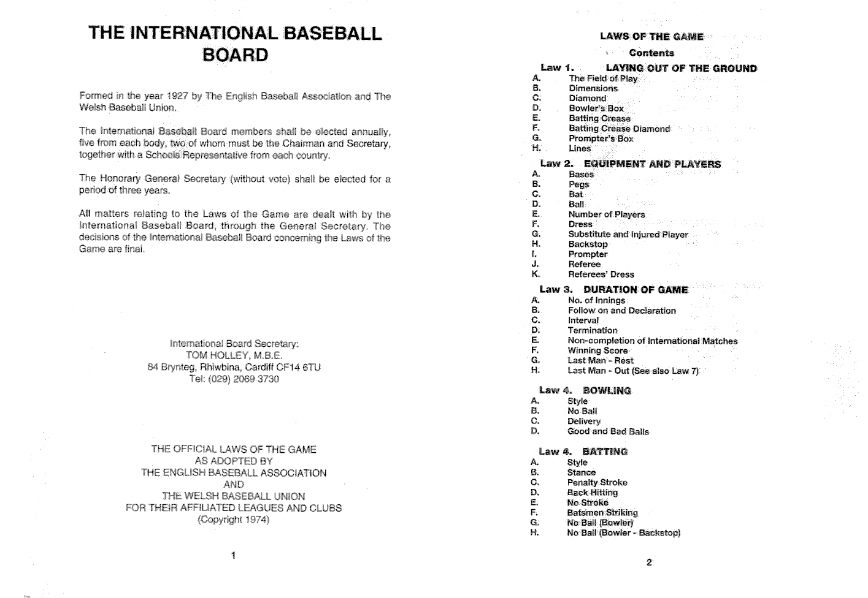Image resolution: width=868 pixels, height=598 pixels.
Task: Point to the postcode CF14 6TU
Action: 300,367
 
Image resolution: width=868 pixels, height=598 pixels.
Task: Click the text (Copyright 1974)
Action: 234,520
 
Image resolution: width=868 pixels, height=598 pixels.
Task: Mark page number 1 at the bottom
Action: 233,556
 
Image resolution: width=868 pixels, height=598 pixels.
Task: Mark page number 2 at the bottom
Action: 649,562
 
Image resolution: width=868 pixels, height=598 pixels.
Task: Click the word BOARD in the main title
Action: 235,55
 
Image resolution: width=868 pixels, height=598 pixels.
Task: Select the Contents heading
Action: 651,53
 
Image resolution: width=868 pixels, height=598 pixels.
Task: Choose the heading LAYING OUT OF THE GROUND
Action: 681,69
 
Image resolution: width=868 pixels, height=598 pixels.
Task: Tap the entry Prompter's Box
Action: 601,138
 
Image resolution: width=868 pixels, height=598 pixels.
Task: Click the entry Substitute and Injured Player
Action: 628,234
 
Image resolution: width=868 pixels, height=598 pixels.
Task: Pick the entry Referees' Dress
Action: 601,274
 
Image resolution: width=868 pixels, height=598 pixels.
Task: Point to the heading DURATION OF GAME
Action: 636,290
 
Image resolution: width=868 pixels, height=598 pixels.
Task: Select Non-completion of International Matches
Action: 652,341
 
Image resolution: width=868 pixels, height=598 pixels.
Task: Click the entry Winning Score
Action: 597,350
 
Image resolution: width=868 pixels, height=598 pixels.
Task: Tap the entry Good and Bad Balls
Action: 607,431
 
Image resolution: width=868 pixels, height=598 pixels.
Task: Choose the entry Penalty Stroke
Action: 597,482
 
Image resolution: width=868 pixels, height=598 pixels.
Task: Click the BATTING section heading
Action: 605,452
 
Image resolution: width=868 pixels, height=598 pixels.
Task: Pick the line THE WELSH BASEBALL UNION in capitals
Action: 234,496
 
